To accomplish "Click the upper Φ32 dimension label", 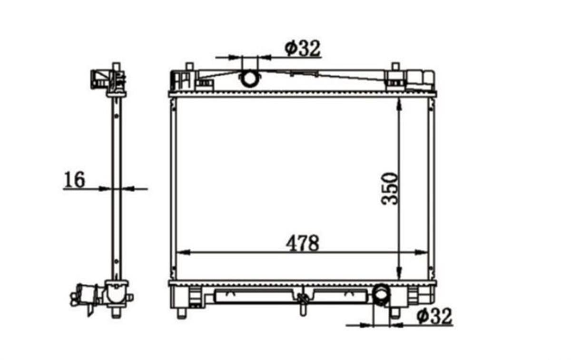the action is tap(303, 48).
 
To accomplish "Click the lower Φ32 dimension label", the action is tap(434, 316).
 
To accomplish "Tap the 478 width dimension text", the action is tap(302, 243).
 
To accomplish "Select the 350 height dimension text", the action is tap(389, 189).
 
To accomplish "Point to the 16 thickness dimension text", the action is tap(74, 180).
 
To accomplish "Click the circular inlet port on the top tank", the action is tap(249, 78).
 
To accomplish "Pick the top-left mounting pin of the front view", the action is tap(189, 67).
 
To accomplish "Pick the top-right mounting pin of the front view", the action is tap(395, 67).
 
